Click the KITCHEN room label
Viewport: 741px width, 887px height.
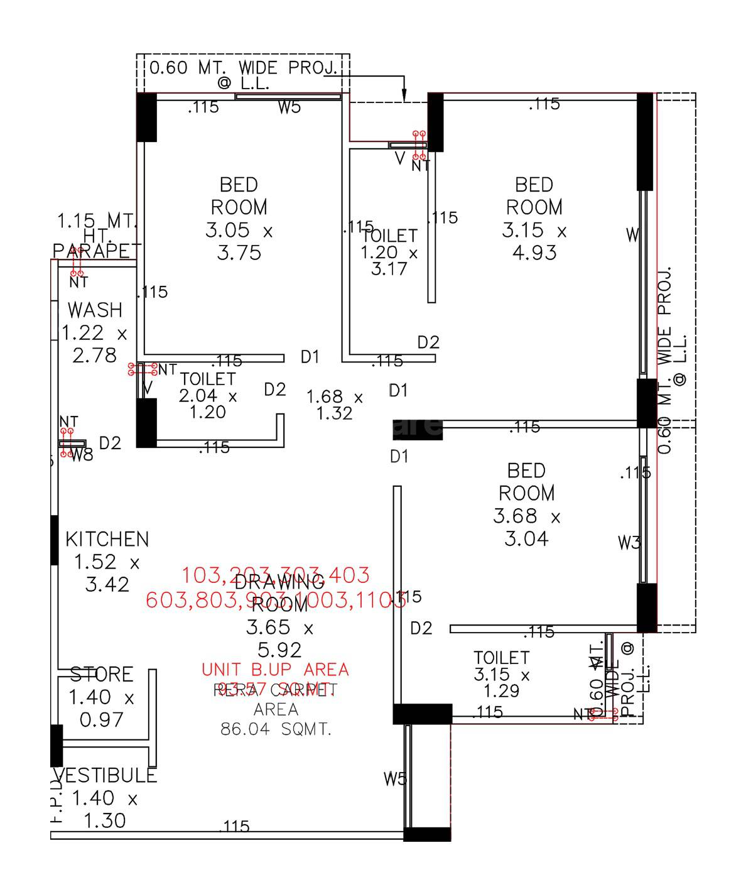(107, 539)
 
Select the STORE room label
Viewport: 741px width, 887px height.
(101, 675)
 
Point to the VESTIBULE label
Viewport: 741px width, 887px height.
(105, 776)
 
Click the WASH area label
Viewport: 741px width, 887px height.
(95, 310)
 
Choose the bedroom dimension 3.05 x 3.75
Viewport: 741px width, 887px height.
(239, 242)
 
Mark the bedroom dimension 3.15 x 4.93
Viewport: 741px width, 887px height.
(534, 242)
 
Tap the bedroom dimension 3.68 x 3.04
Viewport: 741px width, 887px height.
(526, 528)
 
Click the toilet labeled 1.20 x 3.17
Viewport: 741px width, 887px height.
(389, 253)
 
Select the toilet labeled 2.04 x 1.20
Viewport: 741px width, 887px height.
(207, 396)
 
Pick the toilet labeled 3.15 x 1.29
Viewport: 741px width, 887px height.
(502, 675)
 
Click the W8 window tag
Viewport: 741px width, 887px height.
(82, 455)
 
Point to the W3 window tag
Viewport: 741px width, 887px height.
(629, 543)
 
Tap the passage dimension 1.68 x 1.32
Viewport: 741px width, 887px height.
(335, 405)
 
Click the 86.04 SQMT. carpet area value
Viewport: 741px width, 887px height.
(276, 729)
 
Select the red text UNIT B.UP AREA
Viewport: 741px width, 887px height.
(275, 670)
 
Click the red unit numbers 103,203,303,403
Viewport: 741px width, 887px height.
(276, 575)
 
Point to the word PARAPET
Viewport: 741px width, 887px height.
(94, 251)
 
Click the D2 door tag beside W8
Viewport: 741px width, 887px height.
(110, 443)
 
